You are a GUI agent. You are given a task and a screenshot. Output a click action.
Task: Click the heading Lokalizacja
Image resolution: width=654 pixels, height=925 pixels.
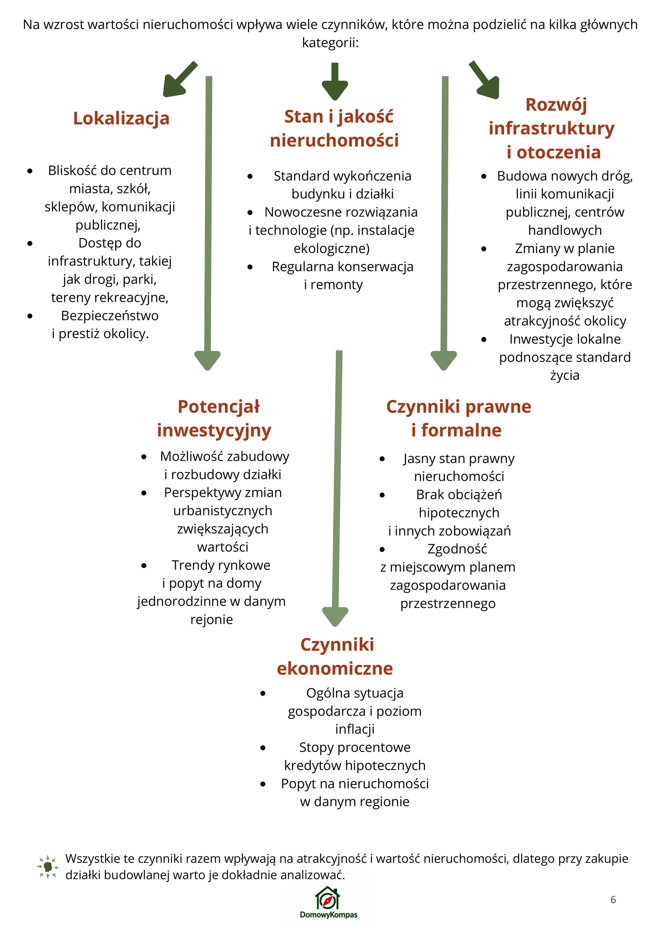click(121, 118)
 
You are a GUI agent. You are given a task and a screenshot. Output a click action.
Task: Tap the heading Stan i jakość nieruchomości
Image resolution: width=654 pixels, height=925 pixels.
click(334, 128)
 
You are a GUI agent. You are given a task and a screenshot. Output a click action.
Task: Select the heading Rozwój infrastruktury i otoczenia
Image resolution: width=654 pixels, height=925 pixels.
click(552, 128)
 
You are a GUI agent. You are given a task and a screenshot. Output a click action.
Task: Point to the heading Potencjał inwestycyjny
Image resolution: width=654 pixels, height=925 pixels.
click(214, 418)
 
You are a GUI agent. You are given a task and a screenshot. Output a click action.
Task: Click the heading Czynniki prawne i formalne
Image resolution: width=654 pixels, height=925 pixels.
click(458, 418)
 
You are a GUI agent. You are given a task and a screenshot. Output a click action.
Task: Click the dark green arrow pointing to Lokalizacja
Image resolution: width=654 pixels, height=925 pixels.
click(179, 79)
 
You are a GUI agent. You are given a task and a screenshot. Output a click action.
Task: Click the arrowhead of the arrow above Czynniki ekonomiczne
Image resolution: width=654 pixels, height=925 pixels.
click(335, 616)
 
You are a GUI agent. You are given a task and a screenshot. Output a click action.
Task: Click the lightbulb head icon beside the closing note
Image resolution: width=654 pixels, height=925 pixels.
click(48, 867)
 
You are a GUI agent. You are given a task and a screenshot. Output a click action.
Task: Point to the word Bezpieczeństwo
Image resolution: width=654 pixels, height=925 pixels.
click(110, 316)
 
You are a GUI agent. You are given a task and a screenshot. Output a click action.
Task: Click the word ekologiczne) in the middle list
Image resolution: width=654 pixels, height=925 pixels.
click(331, 248)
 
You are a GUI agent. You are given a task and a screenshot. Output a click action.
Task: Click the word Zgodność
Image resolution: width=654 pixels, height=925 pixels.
click(457, 549)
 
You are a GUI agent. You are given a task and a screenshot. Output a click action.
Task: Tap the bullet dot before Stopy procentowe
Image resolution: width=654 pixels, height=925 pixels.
click(263, 748)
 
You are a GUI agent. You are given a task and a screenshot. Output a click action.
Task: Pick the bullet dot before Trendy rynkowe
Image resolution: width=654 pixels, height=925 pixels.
click(144, 565)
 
